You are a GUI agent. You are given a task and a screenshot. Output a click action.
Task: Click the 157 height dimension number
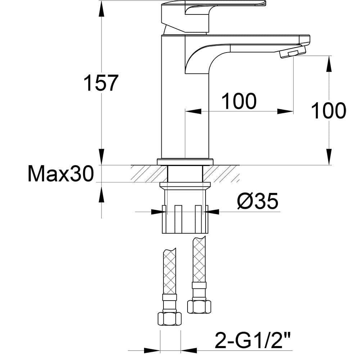coord(101,83)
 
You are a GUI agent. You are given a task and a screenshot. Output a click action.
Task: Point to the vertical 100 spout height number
coord(328,111)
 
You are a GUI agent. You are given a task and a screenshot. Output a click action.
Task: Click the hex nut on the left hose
coord(170,319)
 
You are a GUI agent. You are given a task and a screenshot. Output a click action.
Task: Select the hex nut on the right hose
coord(199,306)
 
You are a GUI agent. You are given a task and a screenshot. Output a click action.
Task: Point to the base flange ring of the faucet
coord(185,161)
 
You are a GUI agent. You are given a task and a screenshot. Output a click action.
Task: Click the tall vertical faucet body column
coord(173,108)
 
